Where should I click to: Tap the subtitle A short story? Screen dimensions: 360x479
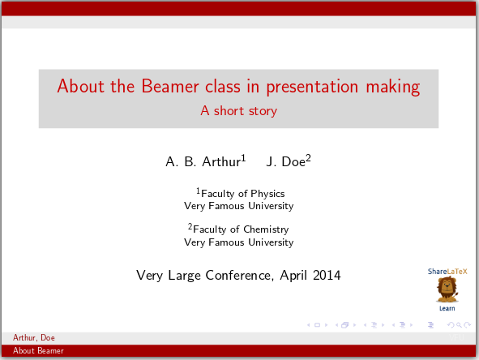pos(238,111)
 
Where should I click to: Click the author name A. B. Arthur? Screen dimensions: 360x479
pos(203,162)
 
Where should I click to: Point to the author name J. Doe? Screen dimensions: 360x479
pos(284,162)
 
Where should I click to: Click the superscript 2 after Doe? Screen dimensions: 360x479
pos(308,158)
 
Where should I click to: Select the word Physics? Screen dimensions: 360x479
pos(267,194)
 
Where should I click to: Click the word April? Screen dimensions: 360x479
pos(293,276)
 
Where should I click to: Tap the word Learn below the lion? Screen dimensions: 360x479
pos(447,308)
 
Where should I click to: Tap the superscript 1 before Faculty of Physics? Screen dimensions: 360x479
pos(198,191)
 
